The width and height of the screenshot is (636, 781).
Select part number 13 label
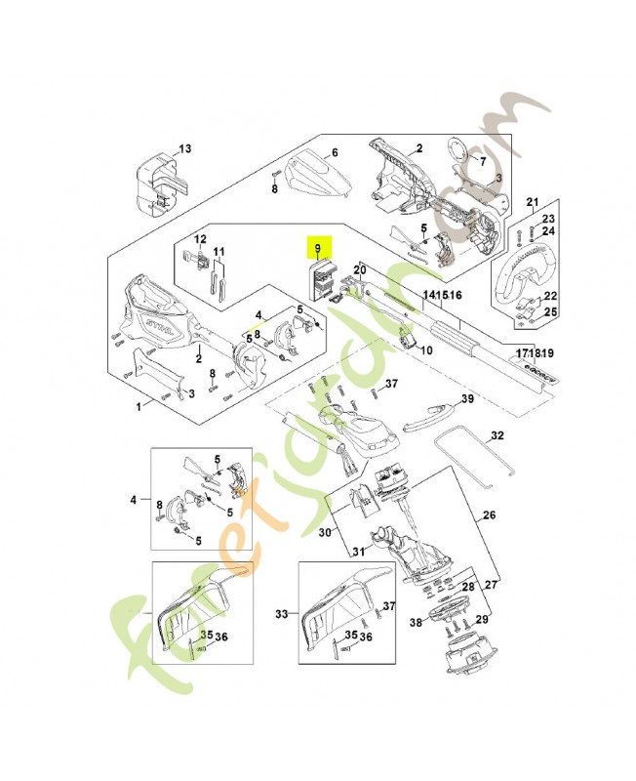click(185, 148)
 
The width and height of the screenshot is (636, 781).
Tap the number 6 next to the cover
click(334, 152)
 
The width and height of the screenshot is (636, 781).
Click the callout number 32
click(497, 435)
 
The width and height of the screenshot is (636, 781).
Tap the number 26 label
click(489, 514)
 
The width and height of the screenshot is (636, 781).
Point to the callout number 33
click(283, 614)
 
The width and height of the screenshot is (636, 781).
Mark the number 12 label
click(201, 239)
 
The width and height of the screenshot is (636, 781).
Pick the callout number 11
click(219, 252)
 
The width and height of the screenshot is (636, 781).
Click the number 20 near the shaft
click(359, 268)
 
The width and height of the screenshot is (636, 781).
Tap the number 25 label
click(549, 311)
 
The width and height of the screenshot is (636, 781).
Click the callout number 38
click(415, 622)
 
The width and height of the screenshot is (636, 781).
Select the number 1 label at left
click(138, 404)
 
